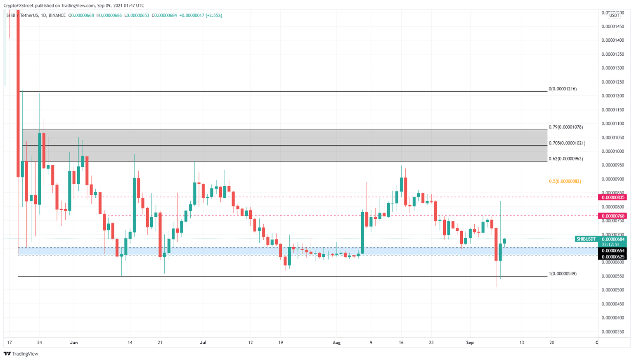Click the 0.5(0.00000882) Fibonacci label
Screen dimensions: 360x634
565,181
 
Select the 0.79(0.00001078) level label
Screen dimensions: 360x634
565,127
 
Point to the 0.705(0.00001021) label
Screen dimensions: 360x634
567,143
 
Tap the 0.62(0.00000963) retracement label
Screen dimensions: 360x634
565,159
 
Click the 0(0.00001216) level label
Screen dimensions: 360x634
562,89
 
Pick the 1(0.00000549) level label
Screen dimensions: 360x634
562,273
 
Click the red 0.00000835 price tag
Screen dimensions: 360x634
613,197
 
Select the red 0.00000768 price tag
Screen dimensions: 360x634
613,216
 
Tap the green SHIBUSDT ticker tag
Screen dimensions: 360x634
586,239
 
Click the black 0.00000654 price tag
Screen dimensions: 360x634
613,251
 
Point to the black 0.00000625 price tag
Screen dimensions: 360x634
613,257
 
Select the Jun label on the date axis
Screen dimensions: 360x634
74,342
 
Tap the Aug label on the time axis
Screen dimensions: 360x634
336,342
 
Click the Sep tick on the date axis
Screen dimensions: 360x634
470,342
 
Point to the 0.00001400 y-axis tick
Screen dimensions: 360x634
613,40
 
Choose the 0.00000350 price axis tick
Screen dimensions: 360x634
613,332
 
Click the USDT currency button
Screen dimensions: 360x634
614,15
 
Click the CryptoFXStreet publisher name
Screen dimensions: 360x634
19,5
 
